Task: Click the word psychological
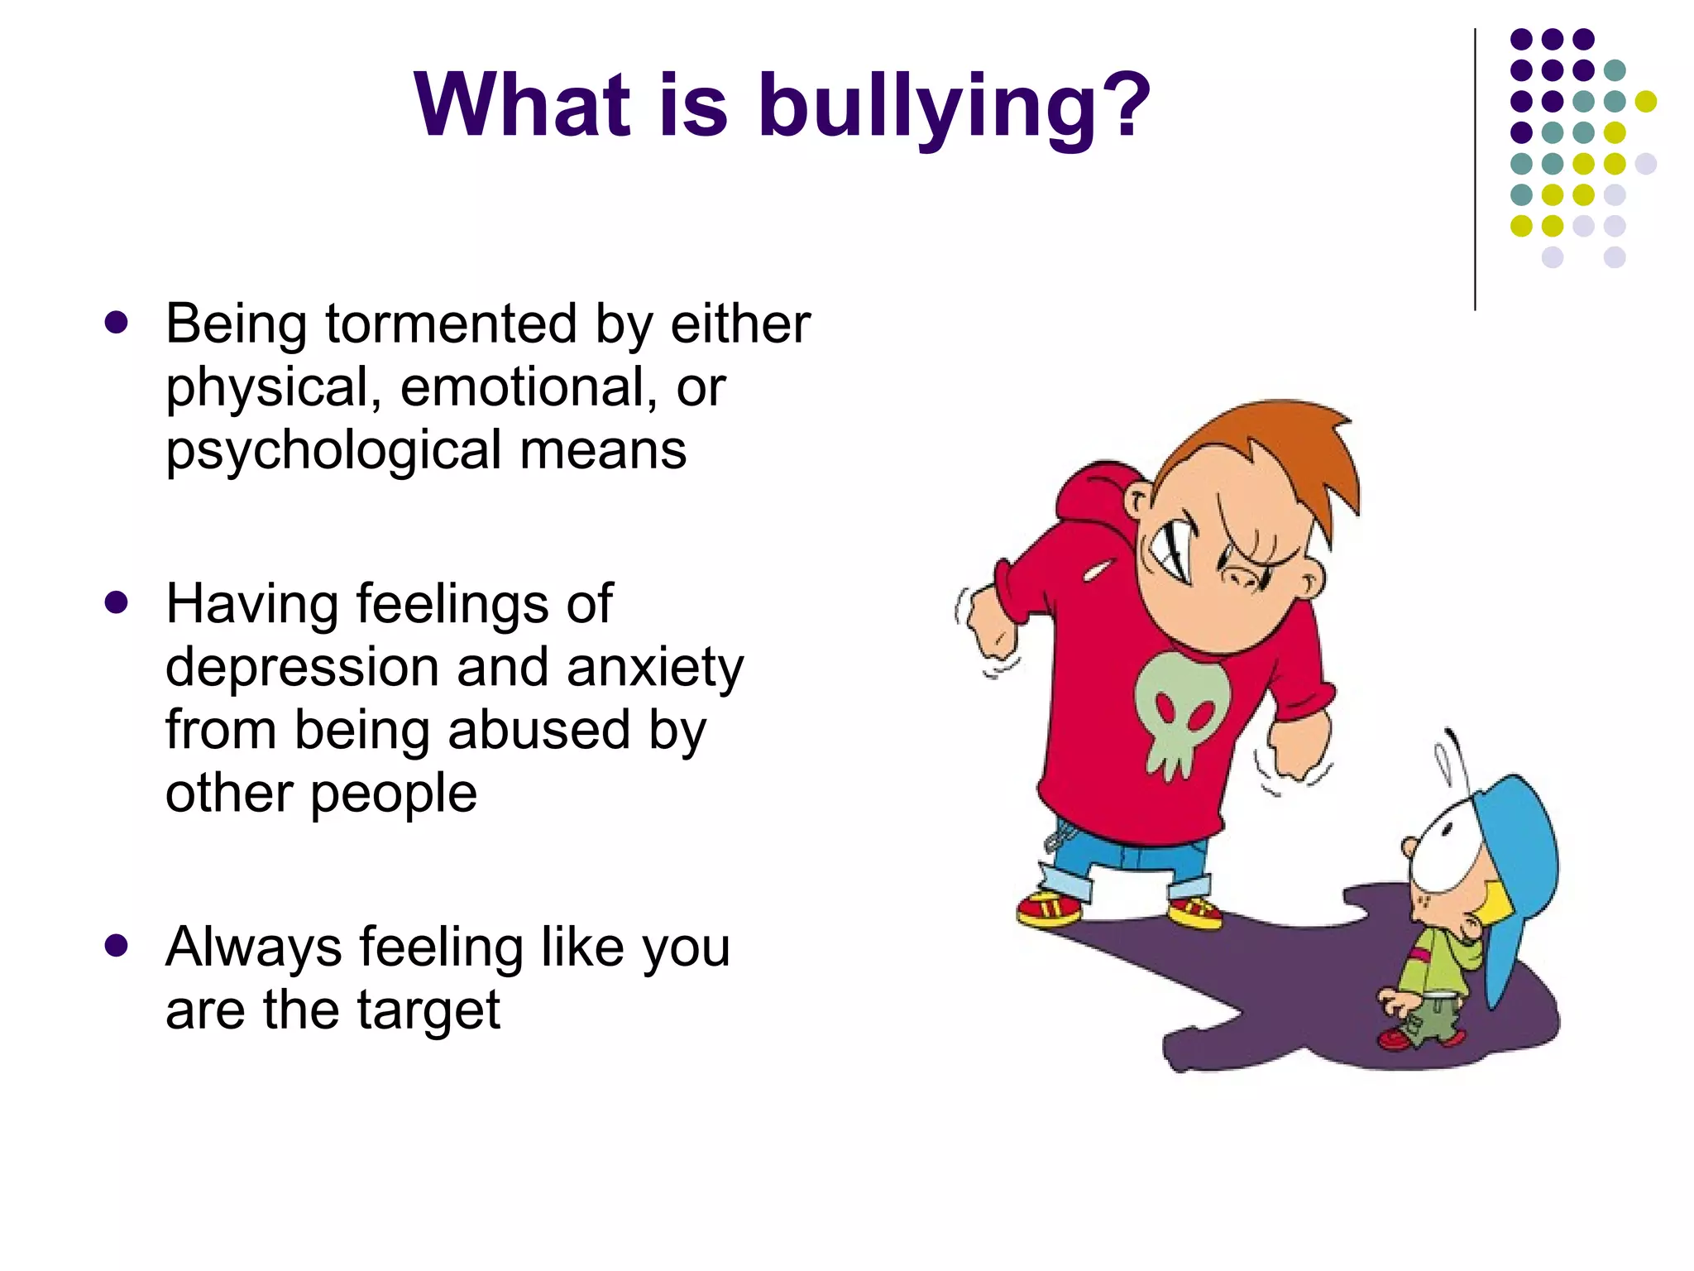click(x=334, y=451)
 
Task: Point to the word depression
click(x=302, y=667)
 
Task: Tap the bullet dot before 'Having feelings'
click(x=117, y=602)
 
